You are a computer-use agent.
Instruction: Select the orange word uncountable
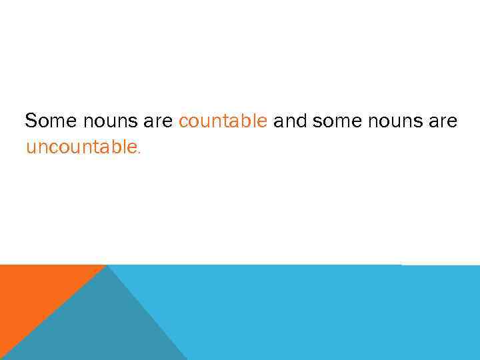80,147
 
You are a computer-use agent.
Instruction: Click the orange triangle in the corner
33,293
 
